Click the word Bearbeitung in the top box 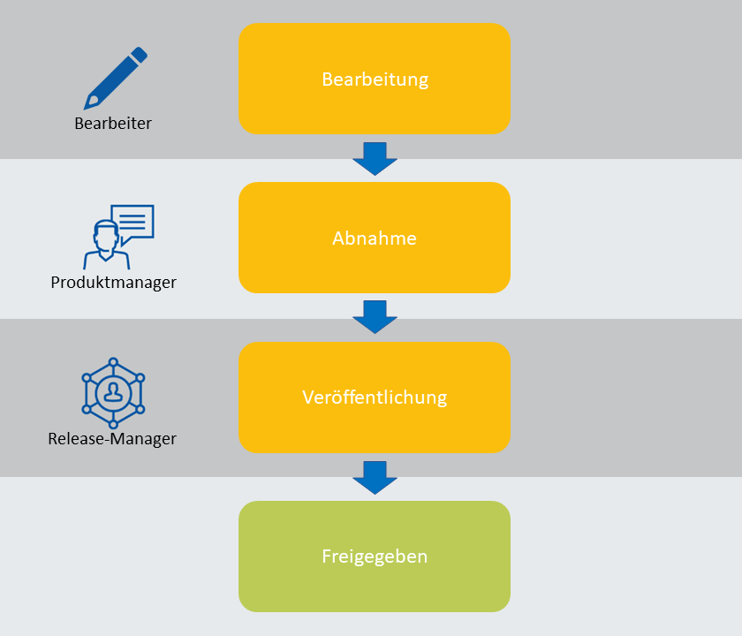coord(375,79)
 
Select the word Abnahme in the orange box coord(375,238)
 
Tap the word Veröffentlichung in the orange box coord(375,397)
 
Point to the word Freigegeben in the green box coord(375,556)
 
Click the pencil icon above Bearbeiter coord(115,79)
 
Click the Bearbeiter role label coord(113,124)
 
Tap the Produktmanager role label coord(113,283)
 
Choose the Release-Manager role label coord(112,438)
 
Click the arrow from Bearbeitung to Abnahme coord(375,158)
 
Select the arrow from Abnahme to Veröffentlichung coord(375,317)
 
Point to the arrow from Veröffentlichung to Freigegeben coord(375,477)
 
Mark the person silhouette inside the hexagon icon coord(113,390)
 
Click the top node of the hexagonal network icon coord(113,362)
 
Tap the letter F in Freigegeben coord(326,556)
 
